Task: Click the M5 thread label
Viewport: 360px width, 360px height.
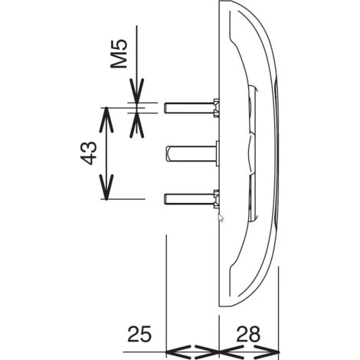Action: coord(119,54)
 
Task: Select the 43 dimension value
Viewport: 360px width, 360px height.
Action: coord(89,152)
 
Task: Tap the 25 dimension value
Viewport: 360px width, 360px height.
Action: coord(139,334)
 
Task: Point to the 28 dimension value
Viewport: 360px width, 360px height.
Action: coord(248,334)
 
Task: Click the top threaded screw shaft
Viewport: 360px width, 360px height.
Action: coord(189,108)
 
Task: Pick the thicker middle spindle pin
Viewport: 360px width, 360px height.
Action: coord(191,153)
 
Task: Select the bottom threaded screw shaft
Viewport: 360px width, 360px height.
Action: coord(189,199)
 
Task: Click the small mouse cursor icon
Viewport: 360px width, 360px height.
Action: coord(221,218)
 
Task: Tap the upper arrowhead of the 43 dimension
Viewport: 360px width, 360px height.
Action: coord(106,119)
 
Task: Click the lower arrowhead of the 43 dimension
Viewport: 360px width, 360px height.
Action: coord(106,187)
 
